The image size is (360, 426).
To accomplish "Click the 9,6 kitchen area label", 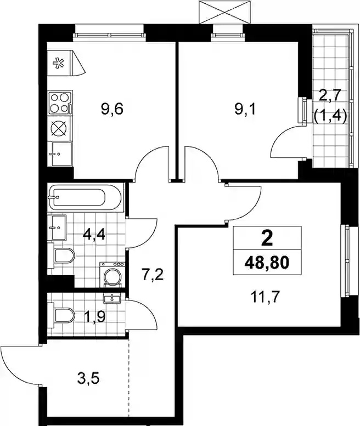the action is point(112,109).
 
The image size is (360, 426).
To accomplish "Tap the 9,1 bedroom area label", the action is point(245,110).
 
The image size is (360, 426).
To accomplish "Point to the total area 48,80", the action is point(267,263).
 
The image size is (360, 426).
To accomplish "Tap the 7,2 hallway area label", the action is point(153,274).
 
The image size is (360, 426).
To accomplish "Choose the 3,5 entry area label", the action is point(88,378).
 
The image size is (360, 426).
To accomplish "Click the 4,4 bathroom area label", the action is point(94,234).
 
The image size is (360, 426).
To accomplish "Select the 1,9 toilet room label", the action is point(95,316).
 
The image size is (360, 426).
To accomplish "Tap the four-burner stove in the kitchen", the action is point(60,103).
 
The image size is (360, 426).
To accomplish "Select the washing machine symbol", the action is point(113,274).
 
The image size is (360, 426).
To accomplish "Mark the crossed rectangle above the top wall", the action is point(224,12).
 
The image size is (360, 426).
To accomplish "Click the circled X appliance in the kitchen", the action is point(59,128).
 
